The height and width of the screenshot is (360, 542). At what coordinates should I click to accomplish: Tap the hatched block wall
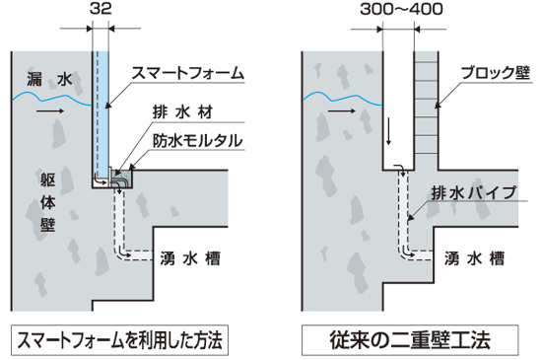[x=428, y=108]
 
